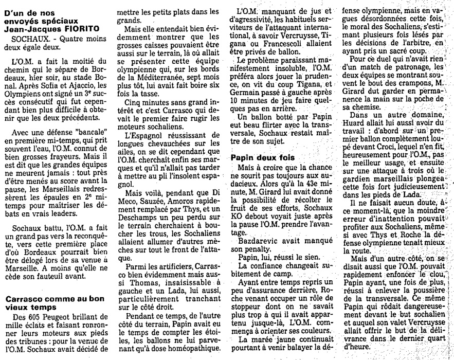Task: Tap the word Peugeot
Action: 55,317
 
